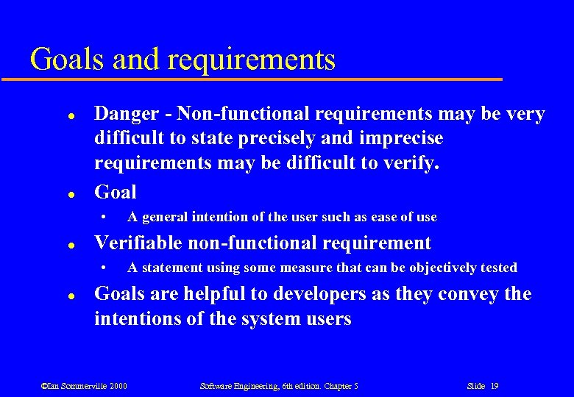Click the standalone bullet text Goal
tap(116, 192)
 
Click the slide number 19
tap(494, 386)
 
